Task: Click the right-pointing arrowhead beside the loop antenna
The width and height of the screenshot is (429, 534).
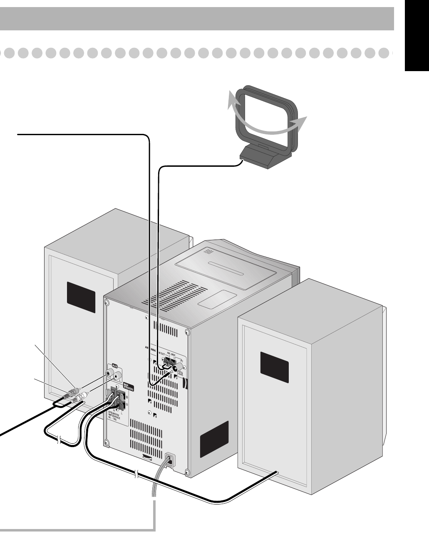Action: click(x=302, y=120)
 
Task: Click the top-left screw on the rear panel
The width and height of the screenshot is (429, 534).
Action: click(x=107, y=303)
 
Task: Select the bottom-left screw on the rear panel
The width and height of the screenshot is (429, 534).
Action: click(x=107, y=442)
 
